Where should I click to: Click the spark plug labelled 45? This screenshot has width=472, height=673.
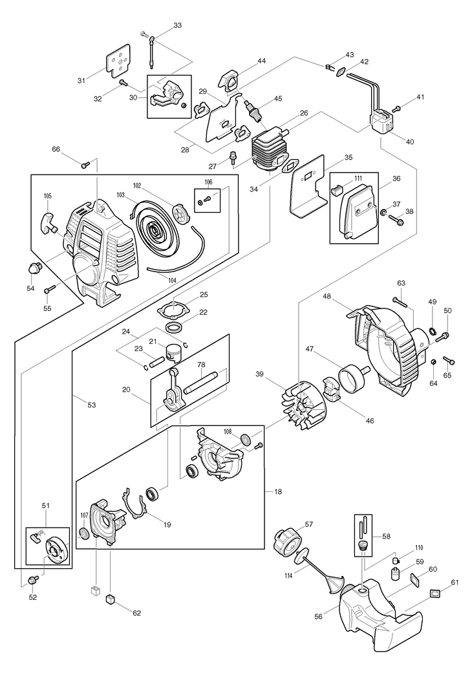pos(253,111)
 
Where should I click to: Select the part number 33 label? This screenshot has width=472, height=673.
pos(178,25)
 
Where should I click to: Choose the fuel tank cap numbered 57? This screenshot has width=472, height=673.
pos(286,543)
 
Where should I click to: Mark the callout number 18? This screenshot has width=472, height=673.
pos(278,491)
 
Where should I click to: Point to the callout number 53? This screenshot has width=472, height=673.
pos(91,405)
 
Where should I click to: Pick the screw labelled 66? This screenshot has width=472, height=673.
pos(85,164)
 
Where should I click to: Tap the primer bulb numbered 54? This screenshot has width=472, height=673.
pos(34,269)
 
